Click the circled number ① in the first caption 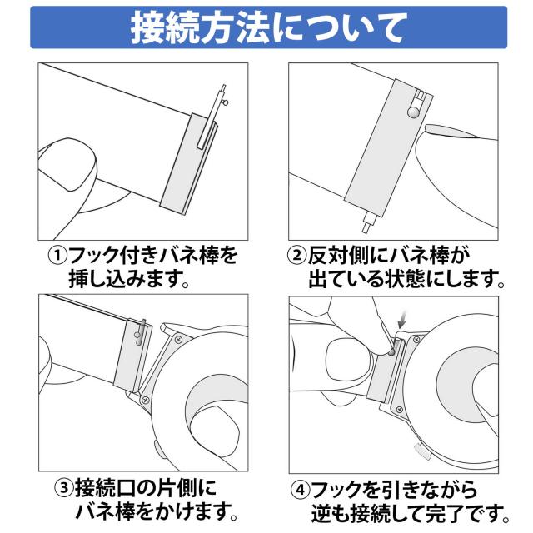click(x=57, y=256)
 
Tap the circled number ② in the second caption click(x=297, y=256)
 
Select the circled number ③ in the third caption click(x=64, y=489)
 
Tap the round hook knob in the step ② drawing click(x=413, y=113)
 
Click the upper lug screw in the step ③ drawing click(x=178, y=339)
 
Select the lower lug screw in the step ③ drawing click(x=146, y=400)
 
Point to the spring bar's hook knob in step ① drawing click(x=226, y=102)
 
